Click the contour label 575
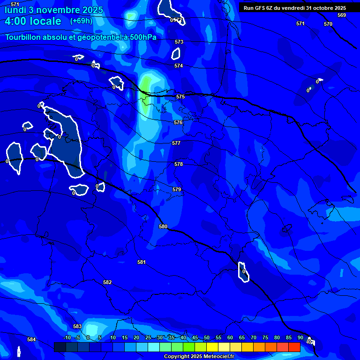pyautogui.click(x=180, y=97)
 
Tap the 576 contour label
pyautogui.click(x=178, y=122)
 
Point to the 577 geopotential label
pyautogui.click(x=176, y=143)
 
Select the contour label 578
pyautogui.click(x=179, y=165)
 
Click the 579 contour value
pyautogui.click(x=177, y=190)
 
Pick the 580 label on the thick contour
pyautogui.click(x=163, y=227)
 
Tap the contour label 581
pyautogui.click(x=142, y=262)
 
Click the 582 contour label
pyautogui.click(x=107, y=283)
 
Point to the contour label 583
pyautogui.click(x=77, y=327)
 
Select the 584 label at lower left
pyautogui.click(x=31, y=340)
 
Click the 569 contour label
pyautogui.click(x=342, y=15)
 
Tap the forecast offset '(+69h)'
pyautogui.click(x=82, y=21)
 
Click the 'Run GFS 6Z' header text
pyautogui.click(x=262, y=8)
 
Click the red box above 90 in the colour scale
pyautogui.click(x=294, y=347)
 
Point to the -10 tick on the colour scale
pyautogui.click(x=67, y=338)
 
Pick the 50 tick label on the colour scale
pyautogui.click(x=206, y=338)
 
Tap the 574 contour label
pyautogui.click(x=179, y=66)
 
